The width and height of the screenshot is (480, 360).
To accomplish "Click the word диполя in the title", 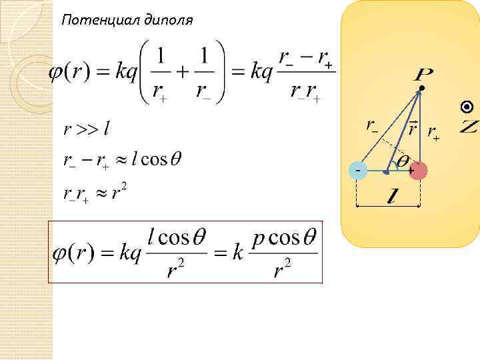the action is click(167, 21).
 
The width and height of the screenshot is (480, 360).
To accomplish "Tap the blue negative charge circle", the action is click(360, 171).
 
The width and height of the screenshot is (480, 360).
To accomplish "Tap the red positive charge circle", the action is click(417, 171).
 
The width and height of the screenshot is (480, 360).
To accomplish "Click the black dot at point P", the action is click(421, 88).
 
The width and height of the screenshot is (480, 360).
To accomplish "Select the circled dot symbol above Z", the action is click(468, 107).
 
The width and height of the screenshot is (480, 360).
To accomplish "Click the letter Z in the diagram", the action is click(469, 126).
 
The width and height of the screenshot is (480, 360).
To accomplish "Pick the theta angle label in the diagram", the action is click(403, 160).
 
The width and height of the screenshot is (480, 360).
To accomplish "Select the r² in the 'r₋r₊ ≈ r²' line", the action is click(119, 193).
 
